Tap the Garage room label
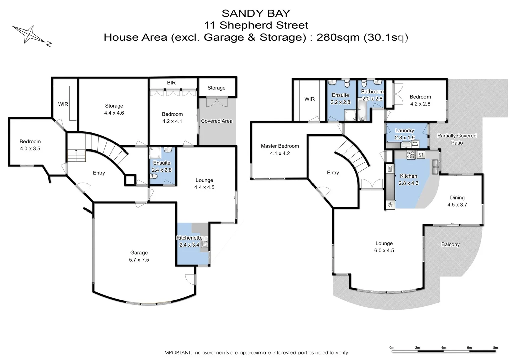[x=139, y=253]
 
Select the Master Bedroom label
[x=280, y=146]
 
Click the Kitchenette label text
[x=189, y=238]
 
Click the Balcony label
[x=450, y=244]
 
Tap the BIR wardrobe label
[x=171, y=83]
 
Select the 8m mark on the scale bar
[x=495, y=348]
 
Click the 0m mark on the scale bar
[x=392, y=348]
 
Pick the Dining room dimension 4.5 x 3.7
[x=457, y=205]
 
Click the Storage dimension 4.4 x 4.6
[x=114, y=113]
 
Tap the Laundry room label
[x=404, y=130]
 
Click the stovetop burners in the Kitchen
[x=411, y=155]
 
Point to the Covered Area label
[x=216, y=121]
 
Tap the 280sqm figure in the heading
[x=338, y=37]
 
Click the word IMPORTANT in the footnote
[x=177, y=353]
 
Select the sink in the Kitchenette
[x=205, y=244]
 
